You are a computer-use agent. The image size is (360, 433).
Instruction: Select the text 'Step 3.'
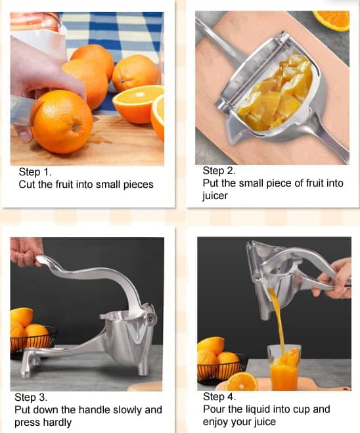click(x=32, y=398)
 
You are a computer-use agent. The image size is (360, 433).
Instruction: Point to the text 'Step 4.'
click(x=220, y=397)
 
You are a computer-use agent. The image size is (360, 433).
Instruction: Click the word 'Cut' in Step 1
click(x=27, y=185)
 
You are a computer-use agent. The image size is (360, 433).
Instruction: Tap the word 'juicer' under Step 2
click(x=216, y=196)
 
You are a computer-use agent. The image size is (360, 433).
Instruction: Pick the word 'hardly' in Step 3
click(x=58, y=422)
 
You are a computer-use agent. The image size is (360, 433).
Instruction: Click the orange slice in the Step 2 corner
click(x=333, y=19)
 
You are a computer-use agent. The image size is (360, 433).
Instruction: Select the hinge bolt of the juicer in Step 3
click(x=151, y=317)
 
